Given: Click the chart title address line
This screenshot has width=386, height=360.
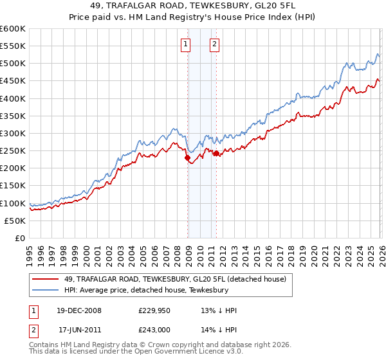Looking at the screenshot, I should point(193,6).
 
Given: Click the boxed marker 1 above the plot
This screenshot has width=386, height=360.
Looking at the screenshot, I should point(185,44).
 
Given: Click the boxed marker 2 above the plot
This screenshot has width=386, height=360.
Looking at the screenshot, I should point(214,44).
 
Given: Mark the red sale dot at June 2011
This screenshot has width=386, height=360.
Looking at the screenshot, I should point(216,153).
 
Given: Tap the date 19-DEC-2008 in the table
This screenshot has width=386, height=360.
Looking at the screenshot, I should point(80,310).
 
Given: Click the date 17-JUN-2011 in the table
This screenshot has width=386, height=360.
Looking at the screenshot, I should point(80,330).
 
